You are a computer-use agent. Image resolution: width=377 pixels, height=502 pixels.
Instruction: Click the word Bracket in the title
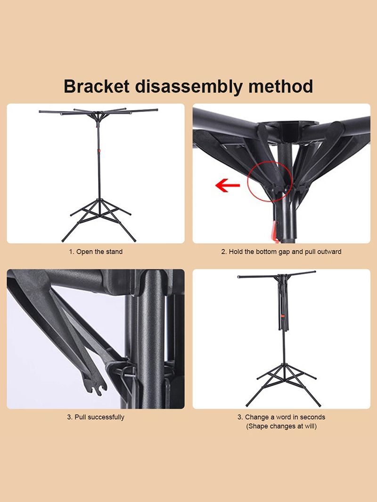(x=97, y=87)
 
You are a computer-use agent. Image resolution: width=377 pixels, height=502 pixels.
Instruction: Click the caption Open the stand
(x=96, y=252)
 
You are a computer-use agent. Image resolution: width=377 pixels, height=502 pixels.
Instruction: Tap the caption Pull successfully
(x=96, y=417)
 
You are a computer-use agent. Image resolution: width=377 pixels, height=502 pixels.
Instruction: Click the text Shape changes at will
(x=281, y=426)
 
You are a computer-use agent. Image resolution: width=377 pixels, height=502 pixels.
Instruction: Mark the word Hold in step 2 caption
(x=236, y=252)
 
